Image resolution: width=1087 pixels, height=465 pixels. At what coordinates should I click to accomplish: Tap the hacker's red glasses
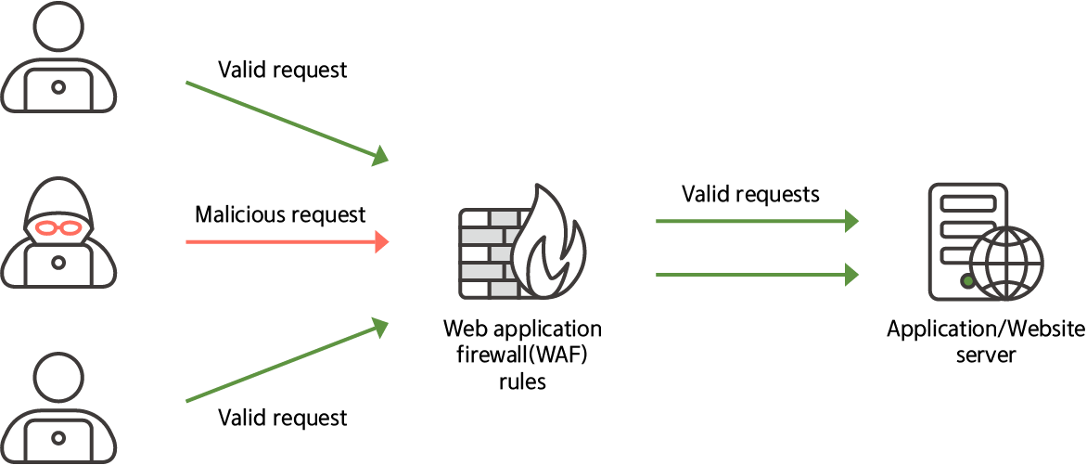(x=58, y=226)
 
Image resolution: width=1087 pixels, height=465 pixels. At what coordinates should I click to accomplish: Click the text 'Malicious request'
(x=280, y=215)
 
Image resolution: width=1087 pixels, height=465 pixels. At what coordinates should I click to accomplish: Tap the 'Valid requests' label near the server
(x=750, y=194)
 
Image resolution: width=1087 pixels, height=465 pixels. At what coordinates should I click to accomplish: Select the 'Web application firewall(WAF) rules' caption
(x=522, y=355)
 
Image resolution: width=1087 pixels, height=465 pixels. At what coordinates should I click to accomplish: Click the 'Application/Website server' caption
(x=985, y=342)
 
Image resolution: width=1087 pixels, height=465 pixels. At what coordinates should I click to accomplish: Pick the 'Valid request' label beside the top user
(x=282, y=70)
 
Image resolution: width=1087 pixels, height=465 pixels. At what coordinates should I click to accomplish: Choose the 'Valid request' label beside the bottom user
(x=282, y=418)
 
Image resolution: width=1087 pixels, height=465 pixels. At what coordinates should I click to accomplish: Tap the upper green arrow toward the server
(x=756, y=222)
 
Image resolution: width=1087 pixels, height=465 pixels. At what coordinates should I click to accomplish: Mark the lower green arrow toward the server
(x=756, y=274)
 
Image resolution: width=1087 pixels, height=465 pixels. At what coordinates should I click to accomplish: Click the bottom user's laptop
(x=58, y=436)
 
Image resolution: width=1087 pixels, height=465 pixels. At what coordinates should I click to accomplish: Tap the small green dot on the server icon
(x=967, y=279)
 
